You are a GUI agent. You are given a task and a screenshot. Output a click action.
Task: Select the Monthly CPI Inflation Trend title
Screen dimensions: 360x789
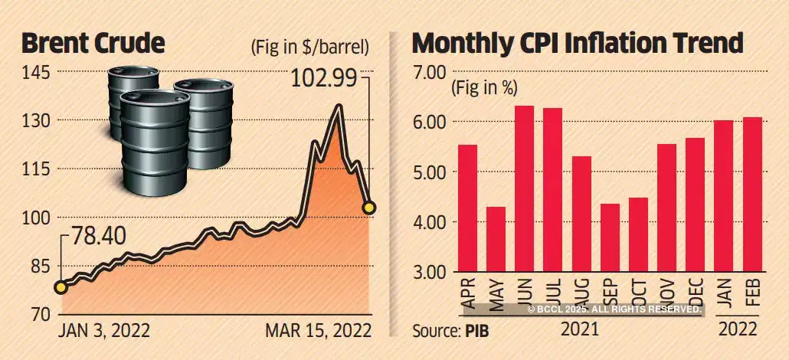tap(578, 44)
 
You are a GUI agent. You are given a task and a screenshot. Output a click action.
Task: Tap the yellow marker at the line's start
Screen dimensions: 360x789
tap(61, 288)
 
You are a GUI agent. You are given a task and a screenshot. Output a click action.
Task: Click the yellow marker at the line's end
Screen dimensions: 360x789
tap(369, 208)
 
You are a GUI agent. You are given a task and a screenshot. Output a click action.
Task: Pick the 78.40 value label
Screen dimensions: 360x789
tap(97, 237)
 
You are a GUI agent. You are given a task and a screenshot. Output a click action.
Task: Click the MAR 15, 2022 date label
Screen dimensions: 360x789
tap(318, 330)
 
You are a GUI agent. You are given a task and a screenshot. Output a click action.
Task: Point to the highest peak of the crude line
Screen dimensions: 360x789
tap(337, 107)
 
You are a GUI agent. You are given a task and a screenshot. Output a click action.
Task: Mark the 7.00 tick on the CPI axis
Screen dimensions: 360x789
tap(430, 72)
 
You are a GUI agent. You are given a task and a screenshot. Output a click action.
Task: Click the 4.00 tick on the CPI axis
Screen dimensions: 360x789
tap(430, 222)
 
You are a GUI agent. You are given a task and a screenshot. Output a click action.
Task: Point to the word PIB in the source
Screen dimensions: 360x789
tap(475, 331)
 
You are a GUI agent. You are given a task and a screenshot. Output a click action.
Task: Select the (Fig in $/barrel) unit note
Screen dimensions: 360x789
tap(309, 46)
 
